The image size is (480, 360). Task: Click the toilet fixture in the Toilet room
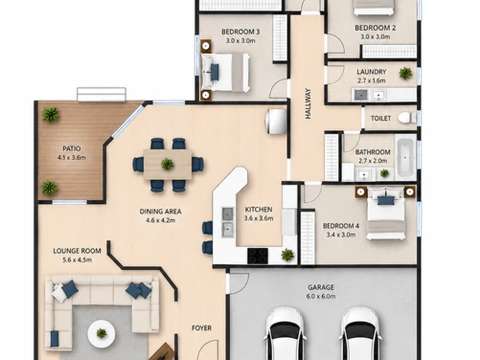pos(407,117)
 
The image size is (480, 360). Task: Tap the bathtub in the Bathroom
pos(405,158)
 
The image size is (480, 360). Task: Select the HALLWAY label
pos(308,104)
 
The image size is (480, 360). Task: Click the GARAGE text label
pos(321,287)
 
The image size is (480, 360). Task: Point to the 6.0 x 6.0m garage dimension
pos(321,296)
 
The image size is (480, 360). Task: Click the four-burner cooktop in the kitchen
pos(257,255)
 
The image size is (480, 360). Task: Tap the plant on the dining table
pos(167,164)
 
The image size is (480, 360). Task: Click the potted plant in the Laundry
pos(405,73)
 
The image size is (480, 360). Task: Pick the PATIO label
pos(71,149)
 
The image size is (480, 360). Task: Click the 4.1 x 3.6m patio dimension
pos(71,157)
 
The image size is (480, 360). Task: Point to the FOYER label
pos(201,328)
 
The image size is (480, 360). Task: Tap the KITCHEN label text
pos(259,209)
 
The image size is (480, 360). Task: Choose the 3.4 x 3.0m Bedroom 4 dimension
pos(341,235)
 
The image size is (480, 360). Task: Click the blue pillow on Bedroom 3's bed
pos(215,72)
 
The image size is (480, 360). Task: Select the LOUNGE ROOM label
pos(77,251)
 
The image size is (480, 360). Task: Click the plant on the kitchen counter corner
pos(287,255)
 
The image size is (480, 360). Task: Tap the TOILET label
pos(381,118)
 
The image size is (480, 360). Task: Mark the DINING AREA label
pos(161,211)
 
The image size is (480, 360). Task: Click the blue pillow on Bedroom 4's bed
pos(386,201)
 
